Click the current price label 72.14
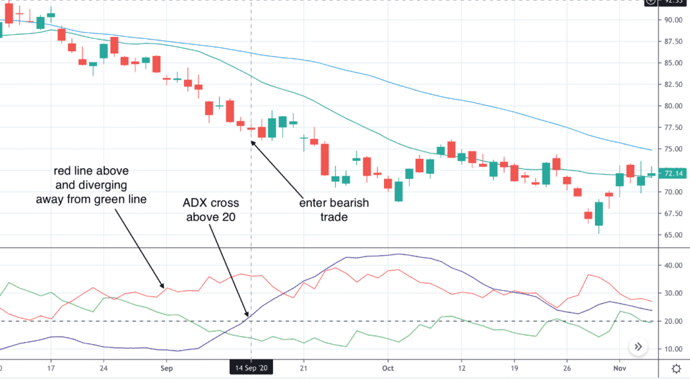click(x=675, y=174)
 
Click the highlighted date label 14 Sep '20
click(x=252, y=369)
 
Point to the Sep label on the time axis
click(x=167, y=369)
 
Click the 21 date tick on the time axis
click(x=304, y=369)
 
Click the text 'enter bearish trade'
click(x=330, y=209)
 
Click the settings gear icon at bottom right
click(x=675, y=369)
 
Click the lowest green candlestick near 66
click(x=598, y=213)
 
